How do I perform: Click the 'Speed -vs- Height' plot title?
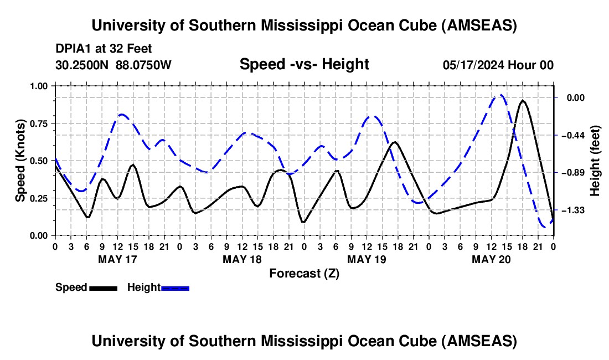coord(304,64)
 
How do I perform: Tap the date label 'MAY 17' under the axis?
coord(117,259)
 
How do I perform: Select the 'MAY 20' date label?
coord(491,259)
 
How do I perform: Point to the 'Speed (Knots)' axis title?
coord(20,161)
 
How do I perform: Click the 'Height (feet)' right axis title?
coord(596,161)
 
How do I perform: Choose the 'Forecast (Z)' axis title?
coord(304,273)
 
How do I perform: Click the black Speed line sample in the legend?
coord(103,288)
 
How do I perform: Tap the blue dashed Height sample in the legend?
coord(176,288)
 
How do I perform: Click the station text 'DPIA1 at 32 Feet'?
coord(104,49)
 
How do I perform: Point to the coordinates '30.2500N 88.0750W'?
coord(113,65)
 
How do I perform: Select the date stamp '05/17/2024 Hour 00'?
coord(498,65)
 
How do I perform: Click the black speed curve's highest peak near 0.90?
coord(522,101)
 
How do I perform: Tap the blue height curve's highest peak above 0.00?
coord(500,95)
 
